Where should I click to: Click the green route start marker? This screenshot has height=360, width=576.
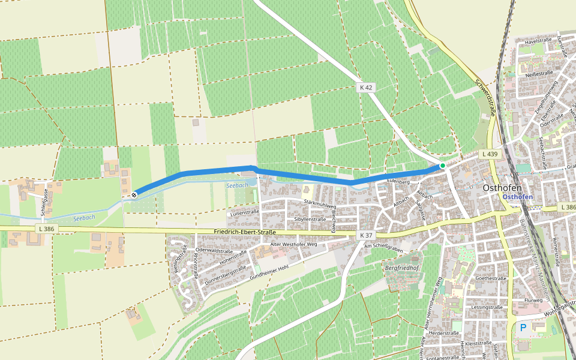442,166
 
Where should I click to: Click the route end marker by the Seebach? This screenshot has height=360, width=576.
134,194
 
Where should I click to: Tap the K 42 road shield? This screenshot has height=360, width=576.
366,88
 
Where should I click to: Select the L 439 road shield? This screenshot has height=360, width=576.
490,154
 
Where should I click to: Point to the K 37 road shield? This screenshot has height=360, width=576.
367,235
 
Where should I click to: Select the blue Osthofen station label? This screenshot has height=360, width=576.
518,197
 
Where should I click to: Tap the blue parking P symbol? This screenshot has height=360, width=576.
523,328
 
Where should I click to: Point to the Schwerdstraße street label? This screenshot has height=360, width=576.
487,98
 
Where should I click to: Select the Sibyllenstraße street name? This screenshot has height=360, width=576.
310,220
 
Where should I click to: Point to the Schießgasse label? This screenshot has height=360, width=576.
44,202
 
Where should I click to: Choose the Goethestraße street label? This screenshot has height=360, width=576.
488,278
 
